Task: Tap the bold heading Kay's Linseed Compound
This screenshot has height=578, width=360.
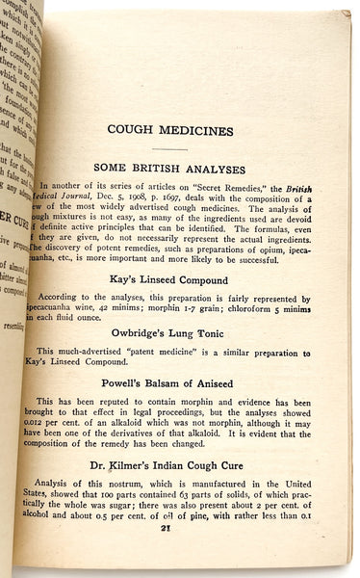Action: [x=196, y=279]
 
